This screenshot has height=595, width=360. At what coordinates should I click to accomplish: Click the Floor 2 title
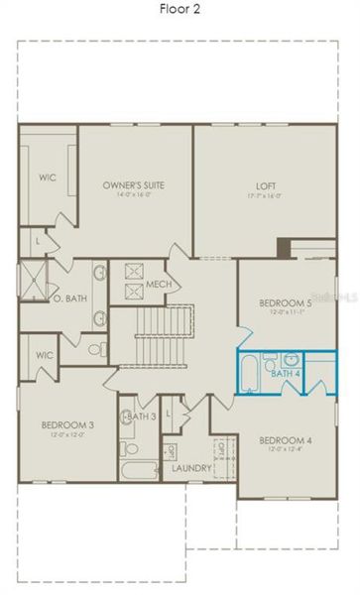[x=180, y=10]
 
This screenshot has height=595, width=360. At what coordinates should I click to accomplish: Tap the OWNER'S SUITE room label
[x=134, y=185]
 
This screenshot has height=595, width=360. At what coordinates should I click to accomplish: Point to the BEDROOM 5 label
[x=286, y=302]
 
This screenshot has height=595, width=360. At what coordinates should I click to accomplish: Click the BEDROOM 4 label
[x=286, y=440]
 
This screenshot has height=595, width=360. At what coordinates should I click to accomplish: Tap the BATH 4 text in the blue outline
[x=285, y=374]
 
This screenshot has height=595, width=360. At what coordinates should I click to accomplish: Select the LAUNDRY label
[x=191, y=468]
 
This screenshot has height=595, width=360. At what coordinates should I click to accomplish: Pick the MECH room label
[x=159, y=283]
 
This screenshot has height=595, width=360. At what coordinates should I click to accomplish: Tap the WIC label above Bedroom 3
[x=43, y=354]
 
